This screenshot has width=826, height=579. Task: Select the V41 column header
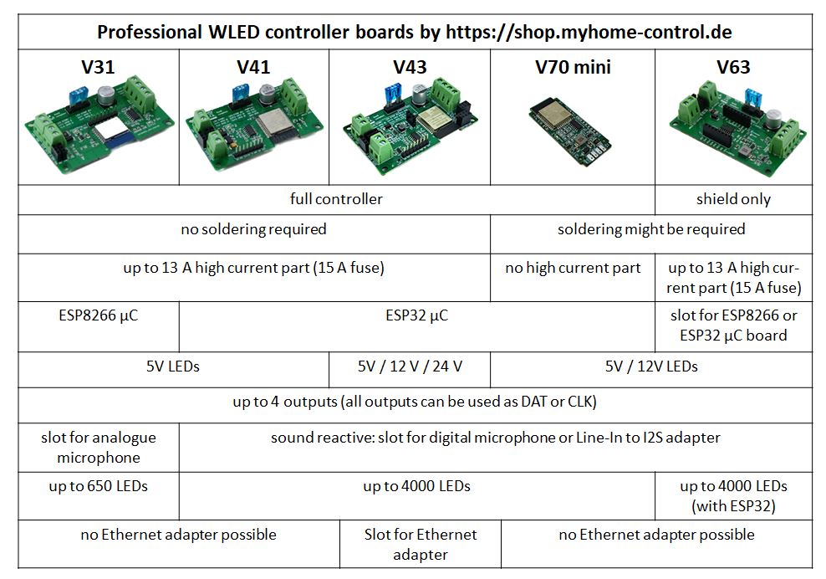pos(253,67)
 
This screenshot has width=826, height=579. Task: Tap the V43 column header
pos(410,67)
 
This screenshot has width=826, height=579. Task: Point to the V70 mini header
pos(573,67)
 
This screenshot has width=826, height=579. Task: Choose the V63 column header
pos(733,67)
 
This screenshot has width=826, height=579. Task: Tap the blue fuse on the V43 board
pos(391,96)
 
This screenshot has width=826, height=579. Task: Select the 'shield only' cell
pos(733,199)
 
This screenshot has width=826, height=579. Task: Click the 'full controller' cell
pos(336,199)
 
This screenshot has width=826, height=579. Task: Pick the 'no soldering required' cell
pos(253,228)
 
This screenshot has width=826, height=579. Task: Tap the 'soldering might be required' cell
pos(650,228)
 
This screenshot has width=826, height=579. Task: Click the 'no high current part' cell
pos(573,268)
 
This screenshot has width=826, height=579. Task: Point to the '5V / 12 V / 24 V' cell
pos(410,366)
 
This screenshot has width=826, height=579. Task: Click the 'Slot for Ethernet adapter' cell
pos(421,544)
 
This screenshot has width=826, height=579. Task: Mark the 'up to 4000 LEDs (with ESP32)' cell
pos(733,495)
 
